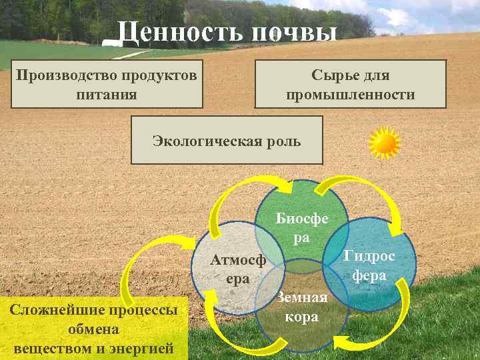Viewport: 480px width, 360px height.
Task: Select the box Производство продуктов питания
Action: (107, 84)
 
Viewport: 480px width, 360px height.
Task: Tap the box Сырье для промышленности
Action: (350, 84)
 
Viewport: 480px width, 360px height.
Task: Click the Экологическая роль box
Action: (227, 140)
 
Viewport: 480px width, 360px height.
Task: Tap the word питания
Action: (107, 95)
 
